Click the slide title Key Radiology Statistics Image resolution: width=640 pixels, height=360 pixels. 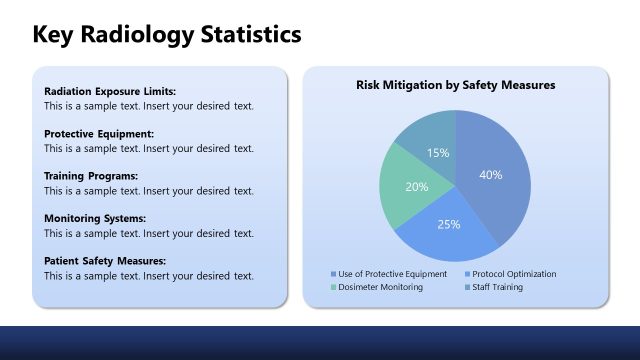point(167,35)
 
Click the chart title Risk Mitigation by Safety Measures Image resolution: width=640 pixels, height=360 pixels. point(456,86)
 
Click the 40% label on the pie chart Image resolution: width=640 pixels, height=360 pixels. point(490,174)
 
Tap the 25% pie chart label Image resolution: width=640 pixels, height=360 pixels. point(449,224)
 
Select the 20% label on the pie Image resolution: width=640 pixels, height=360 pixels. point(417,187)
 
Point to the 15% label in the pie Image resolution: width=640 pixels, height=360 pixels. point(438,153)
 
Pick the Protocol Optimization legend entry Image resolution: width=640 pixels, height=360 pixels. point(514,274)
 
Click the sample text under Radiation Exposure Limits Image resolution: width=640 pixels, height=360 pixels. point(149,105)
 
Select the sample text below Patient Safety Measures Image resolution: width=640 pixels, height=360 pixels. point(149,275)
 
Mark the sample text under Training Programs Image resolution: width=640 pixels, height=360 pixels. point(149,190)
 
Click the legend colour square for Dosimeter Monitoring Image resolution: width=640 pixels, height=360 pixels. point(334,287)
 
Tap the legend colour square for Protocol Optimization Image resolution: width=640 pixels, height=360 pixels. point(466,274)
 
